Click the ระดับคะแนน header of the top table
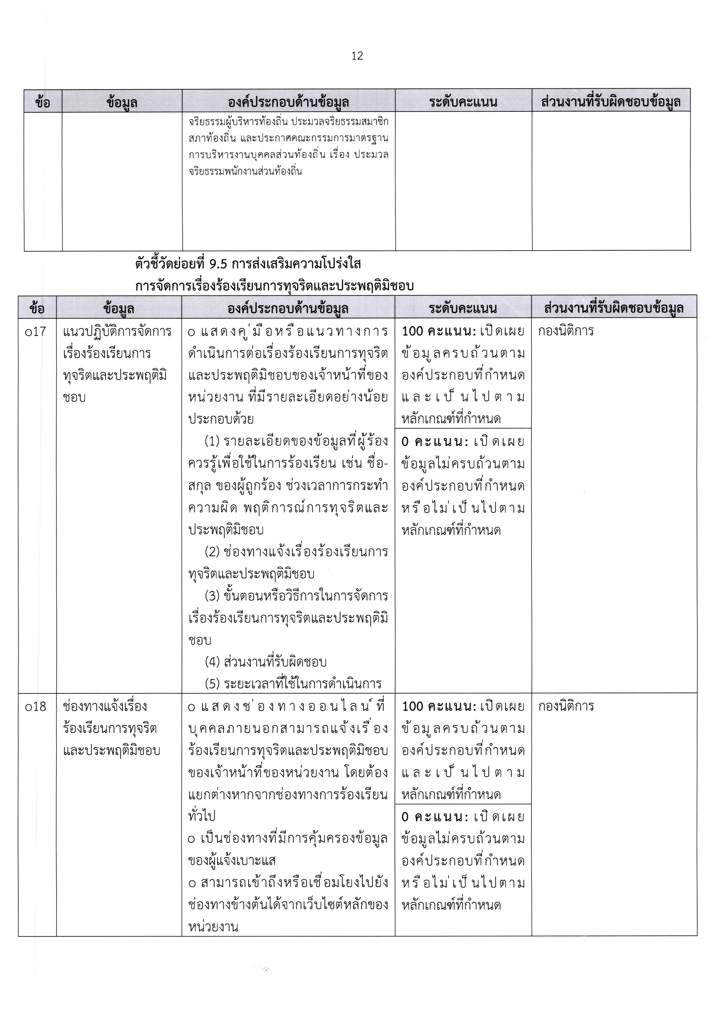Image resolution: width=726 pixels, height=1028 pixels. [463, 102]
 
